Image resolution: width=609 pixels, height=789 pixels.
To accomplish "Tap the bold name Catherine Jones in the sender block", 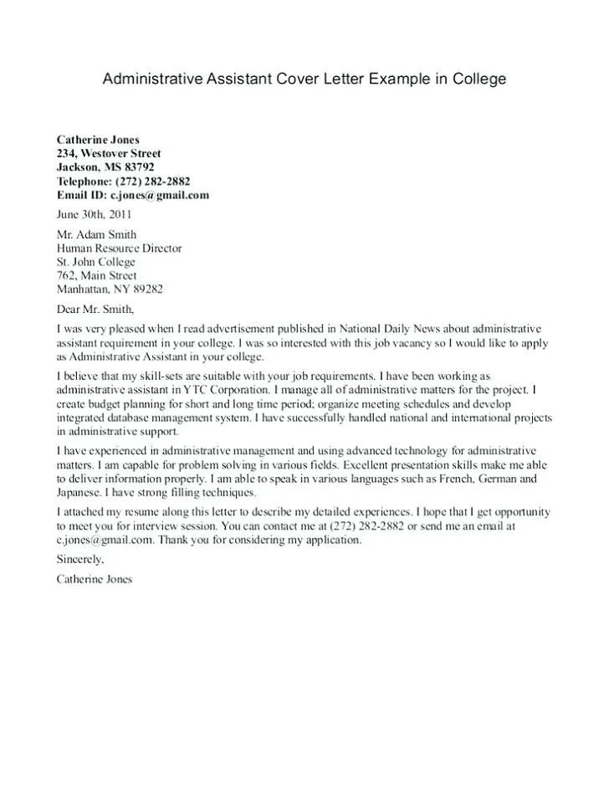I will pos(98,139).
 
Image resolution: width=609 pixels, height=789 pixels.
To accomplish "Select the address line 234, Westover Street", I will pos(109,153).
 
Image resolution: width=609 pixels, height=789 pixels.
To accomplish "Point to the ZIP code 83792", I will pos(137,167).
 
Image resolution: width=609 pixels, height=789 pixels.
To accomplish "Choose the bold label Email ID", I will pos(81,195).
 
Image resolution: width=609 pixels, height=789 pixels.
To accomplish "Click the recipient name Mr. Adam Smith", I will pos(96,234).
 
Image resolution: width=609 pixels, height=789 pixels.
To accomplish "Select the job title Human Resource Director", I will pos(119,248).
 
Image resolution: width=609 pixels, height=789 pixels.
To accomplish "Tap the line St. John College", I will pos(95,262).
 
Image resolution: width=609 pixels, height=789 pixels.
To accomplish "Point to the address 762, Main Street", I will pos(96,275).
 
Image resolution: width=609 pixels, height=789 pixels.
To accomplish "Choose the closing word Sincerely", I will pos(79,559).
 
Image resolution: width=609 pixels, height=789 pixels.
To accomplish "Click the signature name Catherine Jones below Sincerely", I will pos(94,578).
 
